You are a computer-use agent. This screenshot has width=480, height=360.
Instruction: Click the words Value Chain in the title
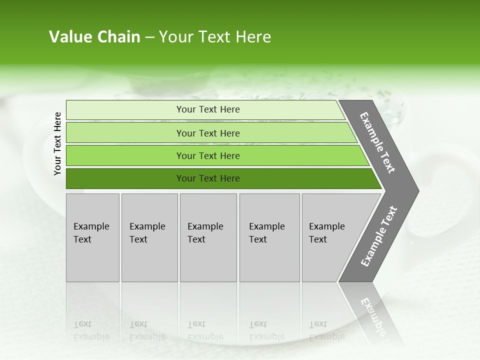click(x=94, y=37)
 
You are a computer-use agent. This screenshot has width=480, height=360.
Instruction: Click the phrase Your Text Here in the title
click(x=215, y=37)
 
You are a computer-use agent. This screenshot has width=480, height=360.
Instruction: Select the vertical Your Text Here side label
click(x=57, y=143)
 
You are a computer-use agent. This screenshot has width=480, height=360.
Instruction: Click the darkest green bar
click(x=125, y=178)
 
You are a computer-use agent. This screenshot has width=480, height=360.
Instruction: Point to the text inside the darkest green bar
click(x=208, y=178)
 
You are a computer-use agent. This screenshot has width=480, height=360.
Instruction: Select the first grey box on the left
click(x=92, y=237)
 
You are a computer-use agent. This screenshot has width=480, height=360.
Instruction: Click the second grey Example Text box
click(x=149, y=237)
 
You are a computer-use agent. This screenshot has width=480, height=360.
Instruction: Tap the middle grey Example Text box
click(x=208, y=237)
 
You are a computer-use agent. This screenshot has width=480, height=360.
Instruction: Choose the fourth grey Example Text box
click(x=269, y=237)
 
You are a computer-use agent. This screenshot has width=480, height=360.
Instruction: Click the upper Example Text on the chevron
click(x=377, y=142)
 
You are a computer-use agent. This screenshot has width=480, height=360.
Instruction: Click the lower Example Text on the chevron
click(x=379, y=236)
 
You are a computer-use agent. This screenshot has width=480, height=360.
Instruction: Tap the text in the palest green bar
click(x=208, y=109)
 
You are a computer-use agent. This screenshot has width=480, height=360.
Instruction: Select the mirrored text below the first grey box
click(x=91, y=330)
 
